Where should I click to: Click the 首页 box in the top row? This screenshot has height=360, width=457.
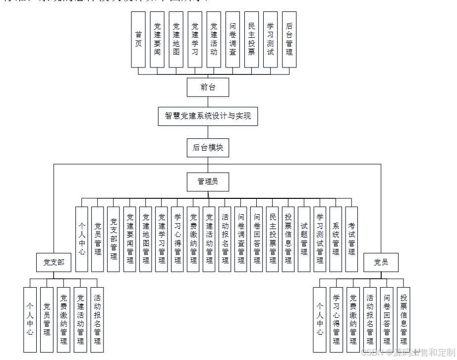(138, 40)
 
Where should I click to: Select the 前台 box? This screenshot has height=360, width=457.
(208, 87)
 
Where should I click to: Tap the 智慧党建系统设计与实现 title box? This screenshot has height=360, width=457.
(208, 116)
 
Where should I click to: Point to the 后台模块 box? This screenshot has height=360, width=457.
(208, 147)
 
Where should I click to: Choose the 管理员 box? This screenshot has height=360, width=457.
(208, 181)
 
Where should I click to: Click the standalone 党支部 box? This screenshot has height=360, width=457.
(54, 262)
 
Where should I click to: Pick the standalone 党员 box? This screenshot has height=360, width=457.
(381, 262)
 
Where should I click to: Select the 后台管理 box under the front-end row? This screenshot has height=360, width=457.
(289, 40)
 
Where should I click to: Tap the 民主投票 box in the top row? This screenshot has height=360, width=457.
(251, 40)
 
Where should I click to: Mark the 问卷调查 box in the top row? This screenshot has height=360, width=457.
(232, 40)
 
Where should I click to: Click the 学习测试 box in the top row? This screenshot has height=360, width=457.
(270, 40)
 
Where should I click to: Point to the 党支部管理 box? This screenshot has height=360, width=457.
(114, 239)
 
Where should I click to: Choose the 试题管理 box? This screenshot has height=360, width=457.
(304, 239)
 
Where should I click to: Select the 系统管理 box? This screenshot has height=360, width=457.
(336, 239)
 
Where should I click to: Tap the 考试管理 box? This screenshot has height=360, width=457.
(351, 239)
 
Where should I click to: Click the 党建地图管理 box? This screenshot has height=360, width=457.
(145, 239)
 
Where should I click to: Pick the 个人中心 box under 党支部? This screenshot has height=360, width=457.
(30, 319)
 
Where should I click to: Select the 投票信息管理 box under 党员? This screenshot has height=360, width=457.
(404, 319)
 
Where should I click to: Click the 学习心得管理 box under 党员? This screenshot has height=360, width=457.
(337, 319)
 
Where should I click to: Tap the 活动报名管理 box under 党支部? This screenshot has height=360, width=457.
(97, 319)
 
